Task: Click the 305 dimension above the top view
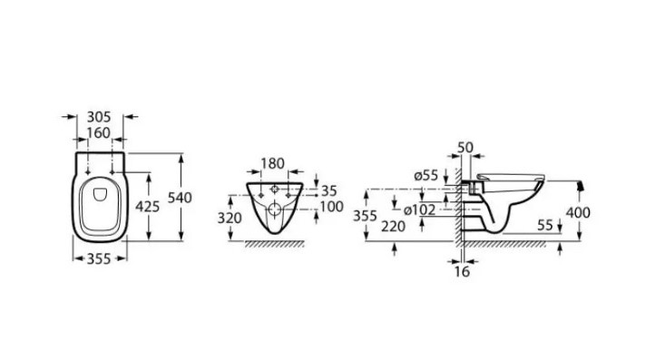click(x=99, y=117)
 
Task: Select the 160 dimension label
click(x=98, y=133)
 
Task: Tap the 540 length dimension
click(x=180, y=198)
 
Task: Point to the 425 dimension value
click(x=147, y=207)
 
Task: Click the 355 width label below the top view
click(x=99, y=258)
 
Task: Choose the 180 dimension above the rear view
click(x=272, y=163)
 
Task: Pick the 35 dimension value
click(x=328, y=190)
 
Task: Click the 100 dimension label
click(x=332, y=207)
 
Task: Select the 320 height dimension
click(x=230, y=218)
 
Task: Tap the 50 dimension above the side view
click(x=465, y=148)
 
